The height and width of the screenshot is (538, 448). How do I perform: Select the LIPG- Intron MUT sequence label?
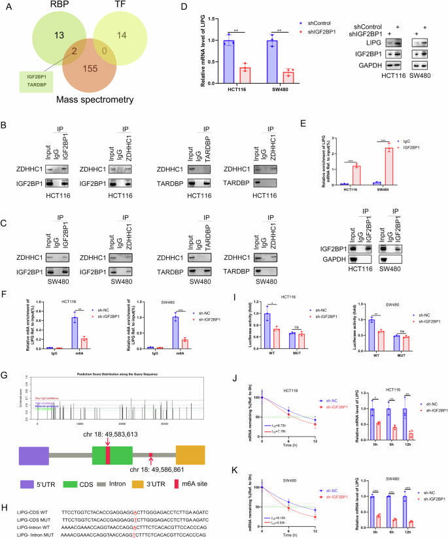(x=29, y=533)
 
